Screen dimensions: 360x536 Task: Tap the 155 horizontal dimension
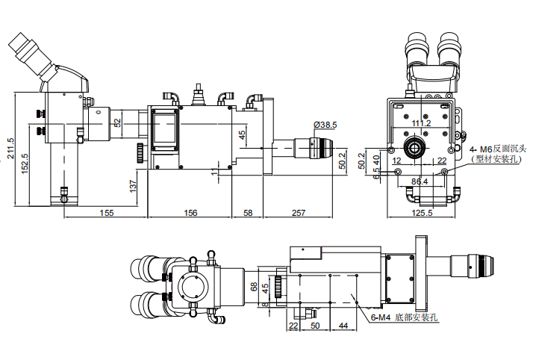tap(105, 214)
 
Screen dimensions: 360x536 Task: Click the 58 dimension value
tap(247, 214)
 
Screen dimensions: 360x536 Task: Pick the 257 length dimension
tap(298, 214)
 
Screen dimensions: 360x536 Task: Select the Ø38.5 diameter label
tap(325, 124)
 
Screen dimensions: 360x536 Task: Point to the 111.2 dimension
tap(421, 123)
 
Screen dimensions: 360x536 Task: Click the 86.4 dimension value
tap(420, 181)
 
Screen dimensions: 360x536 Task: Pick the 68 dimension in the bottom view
tap(254, 286)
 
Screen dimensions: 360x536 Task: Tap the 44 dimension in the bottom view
tap(343, 326)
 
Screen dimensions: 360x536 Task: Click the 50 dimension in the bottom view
tap(315, 326)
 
